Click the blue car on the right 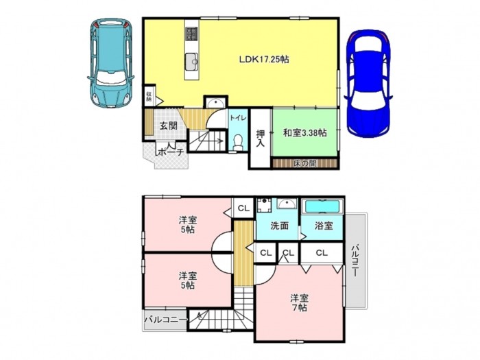(x=369, y=83)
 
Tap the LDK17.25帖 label (x=264, y=60)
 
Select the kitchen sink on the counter (x=192, y=62)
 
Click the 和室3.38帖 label (x=304, y=133)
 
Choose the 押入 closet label (x=260, y=138)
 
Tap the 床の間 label (x=304, y=164)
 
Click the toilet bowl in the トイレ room (x=237, y=142)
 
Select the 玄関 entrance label (x=169, y=125)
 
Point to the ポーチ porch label (x=171, y=152)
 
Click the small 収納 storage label (x=149, y=97)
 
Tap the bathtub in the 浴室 (x=322, y=206)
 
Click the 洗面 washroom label (x=280, y=226)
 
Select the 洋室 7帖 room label (x=300, y=303)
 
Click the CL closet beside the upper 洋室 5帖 (x=243, y=208)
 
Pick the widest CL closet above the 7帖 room (x=322, y=253)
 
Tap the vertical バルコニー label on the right (x=355, y=260)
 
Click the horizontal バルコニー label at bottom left (x=166, y=320)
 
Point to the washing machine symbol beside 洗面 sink (x=263, y=205)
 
